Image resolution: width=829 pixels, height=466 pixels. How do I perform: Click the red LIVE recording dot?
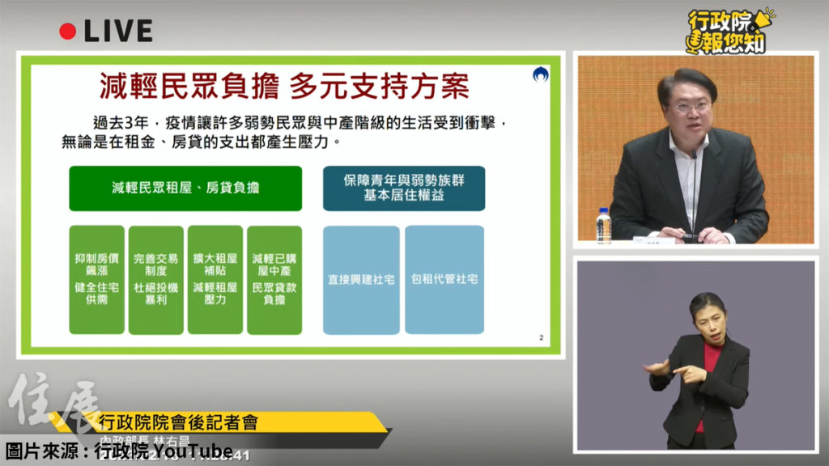[x=68, y=32]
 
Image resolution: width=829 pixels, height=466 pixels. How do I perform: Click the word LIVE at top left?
[x=117, y=32]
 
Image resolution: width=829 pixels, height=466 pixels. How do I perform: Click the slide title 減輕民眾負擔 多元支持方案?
[x=283, y=85]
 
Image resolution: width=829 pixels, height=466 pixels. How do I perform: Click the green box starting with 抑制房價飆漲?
[x=96, y=279]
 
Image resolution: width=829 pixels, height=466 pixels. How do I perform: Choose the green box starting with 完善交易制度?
[x=155, y=279]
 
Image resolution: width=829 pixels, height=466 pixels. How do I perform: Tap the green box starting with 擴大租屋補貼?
[x=215, y=279]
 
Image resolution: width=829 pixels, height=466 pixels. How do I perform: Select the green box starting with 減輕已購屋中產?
[x=274, y=279]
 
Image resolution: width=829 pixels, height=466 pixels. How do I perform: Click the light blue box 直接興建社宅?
[x=361, y=279]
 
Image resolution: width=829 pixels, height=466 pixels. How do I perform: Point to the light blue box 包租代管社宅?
[x=444, y=279]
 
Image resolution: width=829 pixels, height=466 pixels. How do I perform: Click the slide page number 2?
[x=541, y=337]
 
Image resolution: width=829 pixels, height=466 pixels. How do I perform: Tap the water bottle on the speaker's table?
[x=603, y=226]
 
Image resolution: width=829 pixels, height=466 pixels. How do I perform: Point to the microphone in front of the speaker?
[x=693, y=194]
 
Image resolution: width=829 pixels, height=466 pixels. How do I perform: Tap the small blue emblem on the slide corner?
[x=540, y=75]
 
